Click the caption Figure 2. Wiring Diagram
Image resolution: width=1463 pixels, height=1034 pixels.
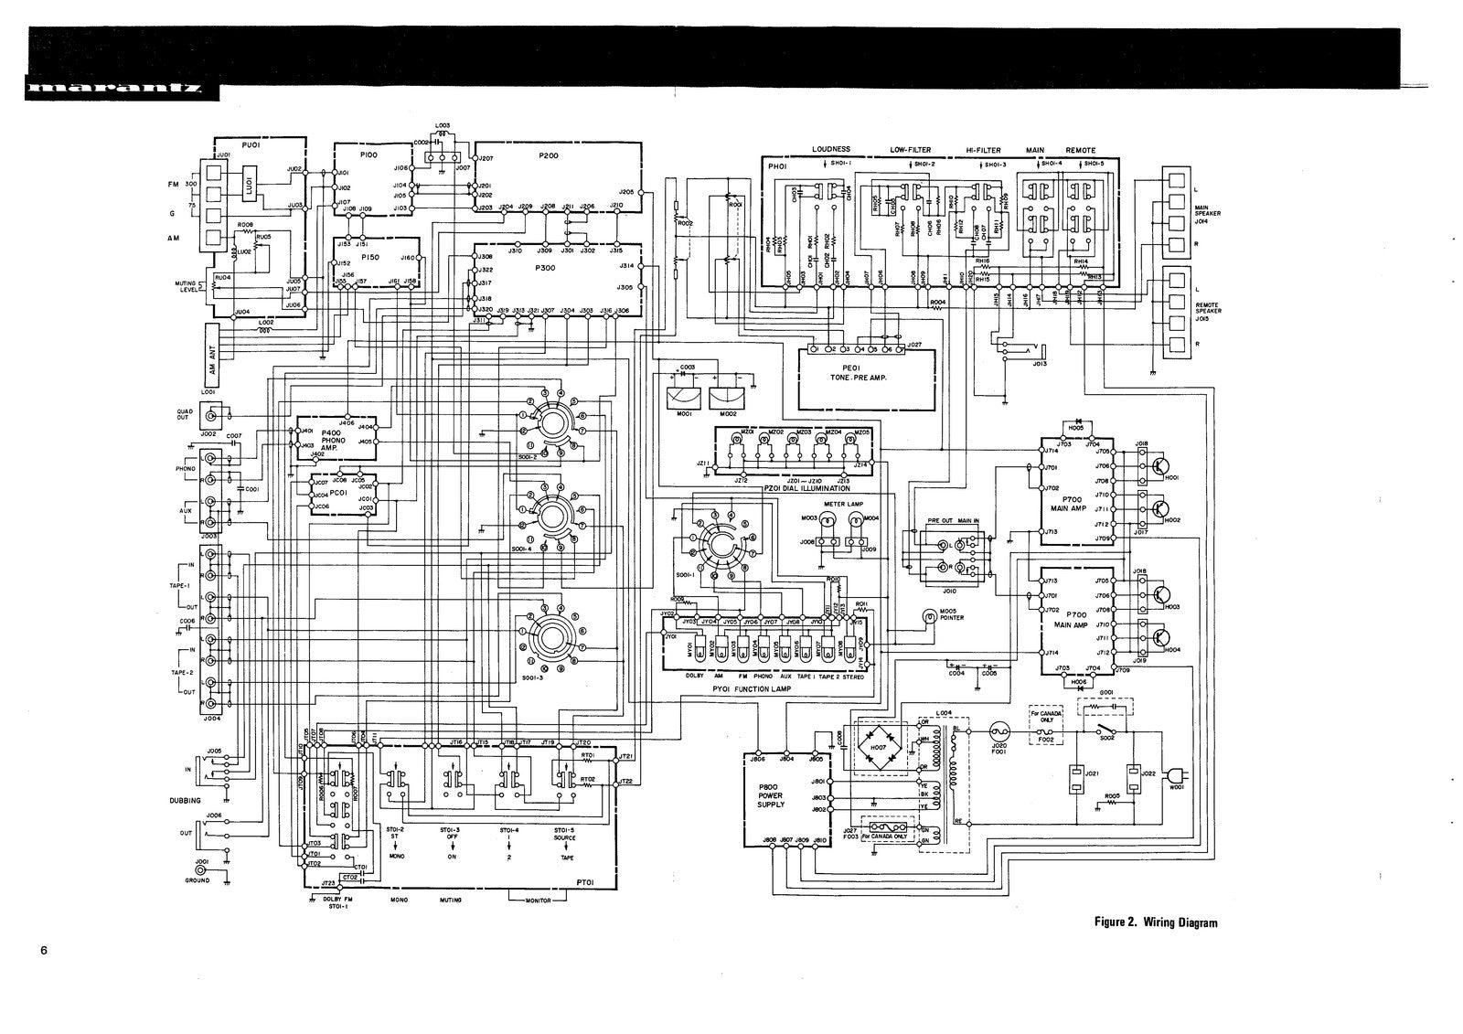coord(1156,922)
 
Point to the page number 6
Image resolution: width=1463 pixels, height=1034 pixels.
coord(43,950)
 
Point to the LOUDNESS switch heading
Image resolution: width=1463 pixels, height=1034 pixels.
coord(830,150)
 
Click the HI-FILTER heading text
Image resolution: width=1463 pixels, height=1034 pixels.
coord(982,150)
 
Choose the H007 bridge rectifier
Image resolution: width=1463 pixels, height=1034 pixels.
coord(879,748)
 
